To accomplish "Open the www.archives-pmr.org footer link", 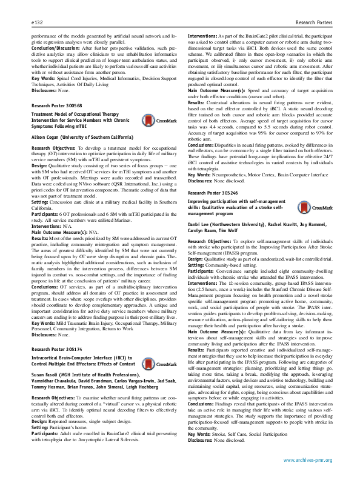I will [x=308, y=460].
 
